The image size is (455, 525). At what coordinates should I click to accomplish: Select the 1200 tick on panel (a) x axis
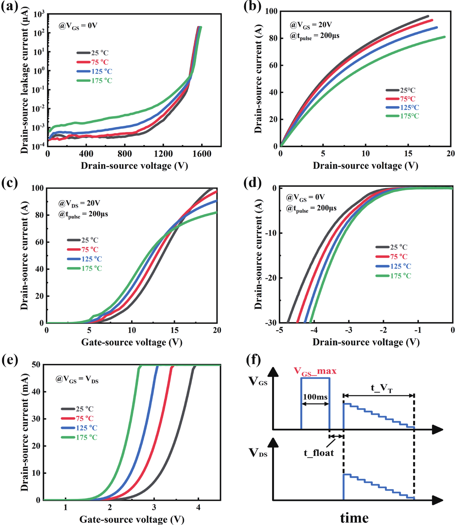point(163,154)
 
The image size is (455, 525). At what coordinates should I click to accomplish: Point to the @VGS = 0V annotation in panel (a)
point(78,26)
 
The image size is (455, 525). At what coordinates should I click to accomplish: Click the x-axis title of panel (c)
point(132,342)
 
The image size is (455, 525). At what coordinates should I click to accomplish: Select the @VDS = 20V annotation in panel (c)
point(79,203)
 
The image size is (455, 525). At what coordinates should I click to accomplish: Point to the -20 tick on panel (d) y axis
point(271,278)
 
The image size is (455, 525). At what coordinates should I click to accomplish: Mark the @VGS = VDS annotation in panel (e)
point(77,379)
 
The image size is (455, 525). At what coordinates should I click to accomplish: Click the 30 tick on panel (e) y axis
point(36,419)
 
